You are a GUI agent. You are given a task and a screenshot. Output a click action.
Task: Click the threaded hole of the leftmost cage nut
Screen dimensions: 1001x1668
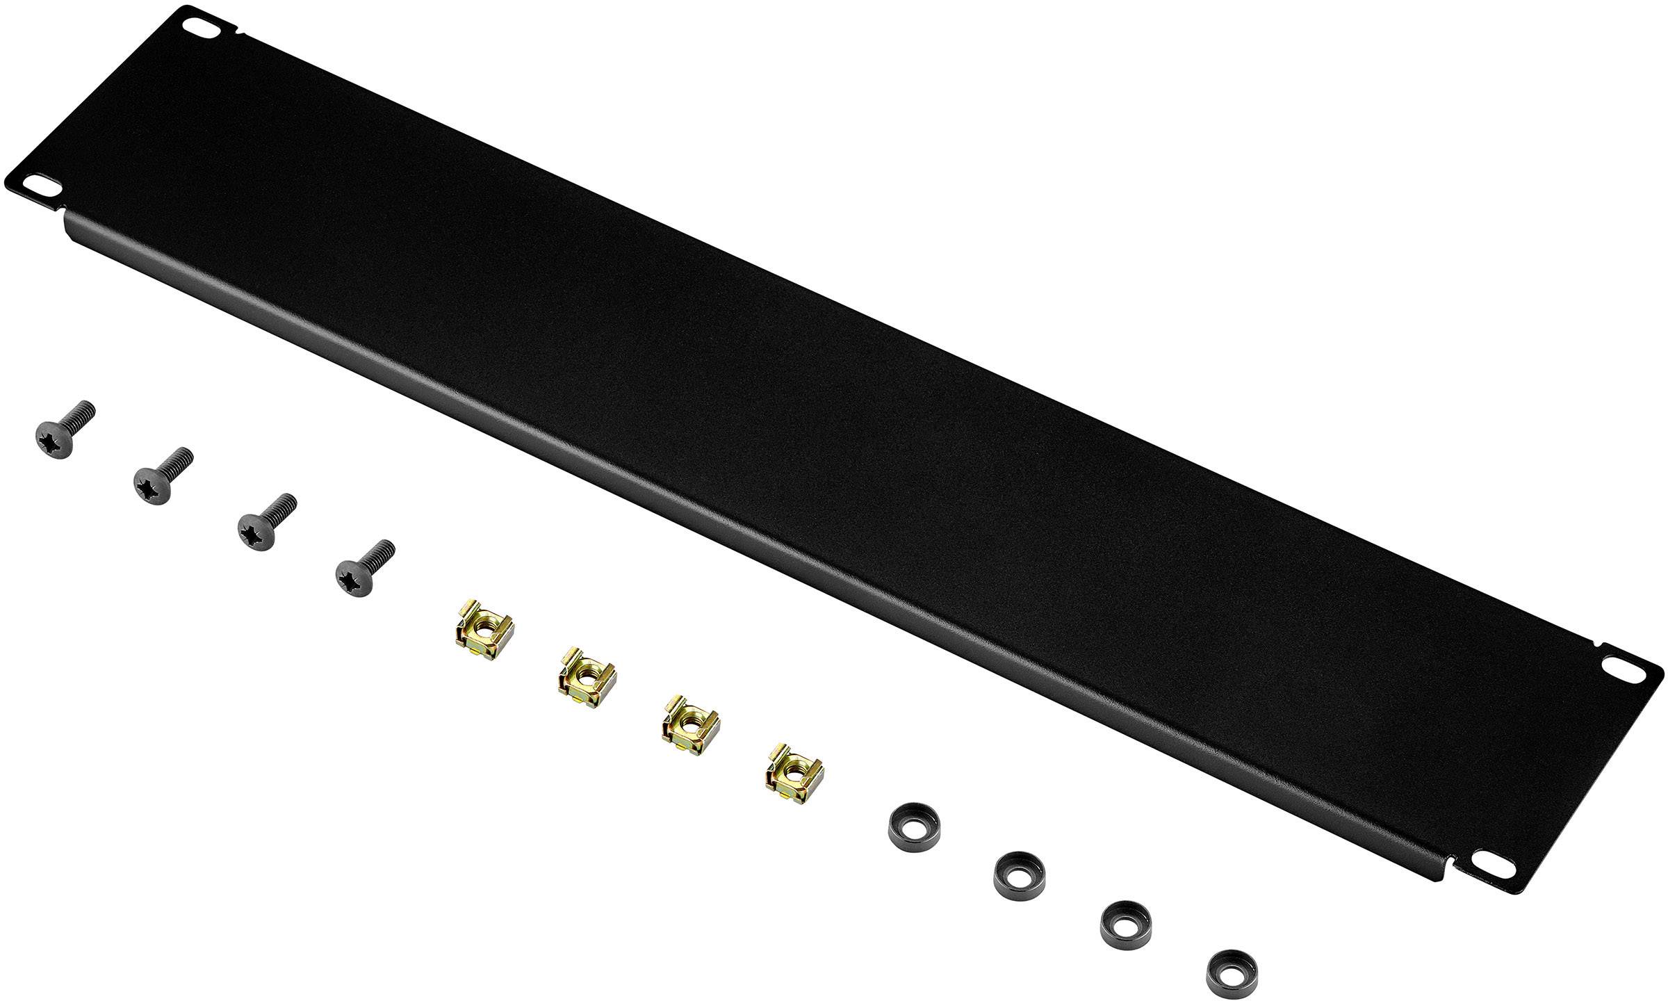483,630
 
